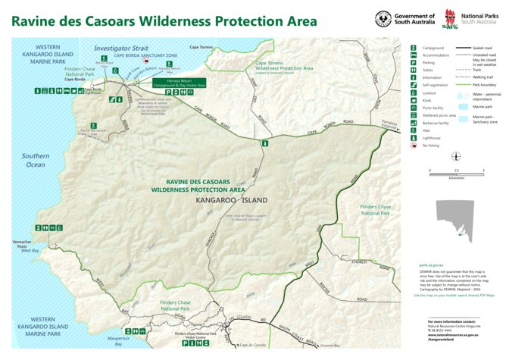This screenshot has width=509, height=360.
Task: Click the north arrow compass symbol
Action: coord(455,158)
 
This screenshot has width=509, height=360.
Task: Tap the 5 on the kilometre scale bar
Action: coord(482,171)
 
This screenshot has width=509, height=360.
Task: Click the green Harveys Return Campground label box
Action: coord(179,83)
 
